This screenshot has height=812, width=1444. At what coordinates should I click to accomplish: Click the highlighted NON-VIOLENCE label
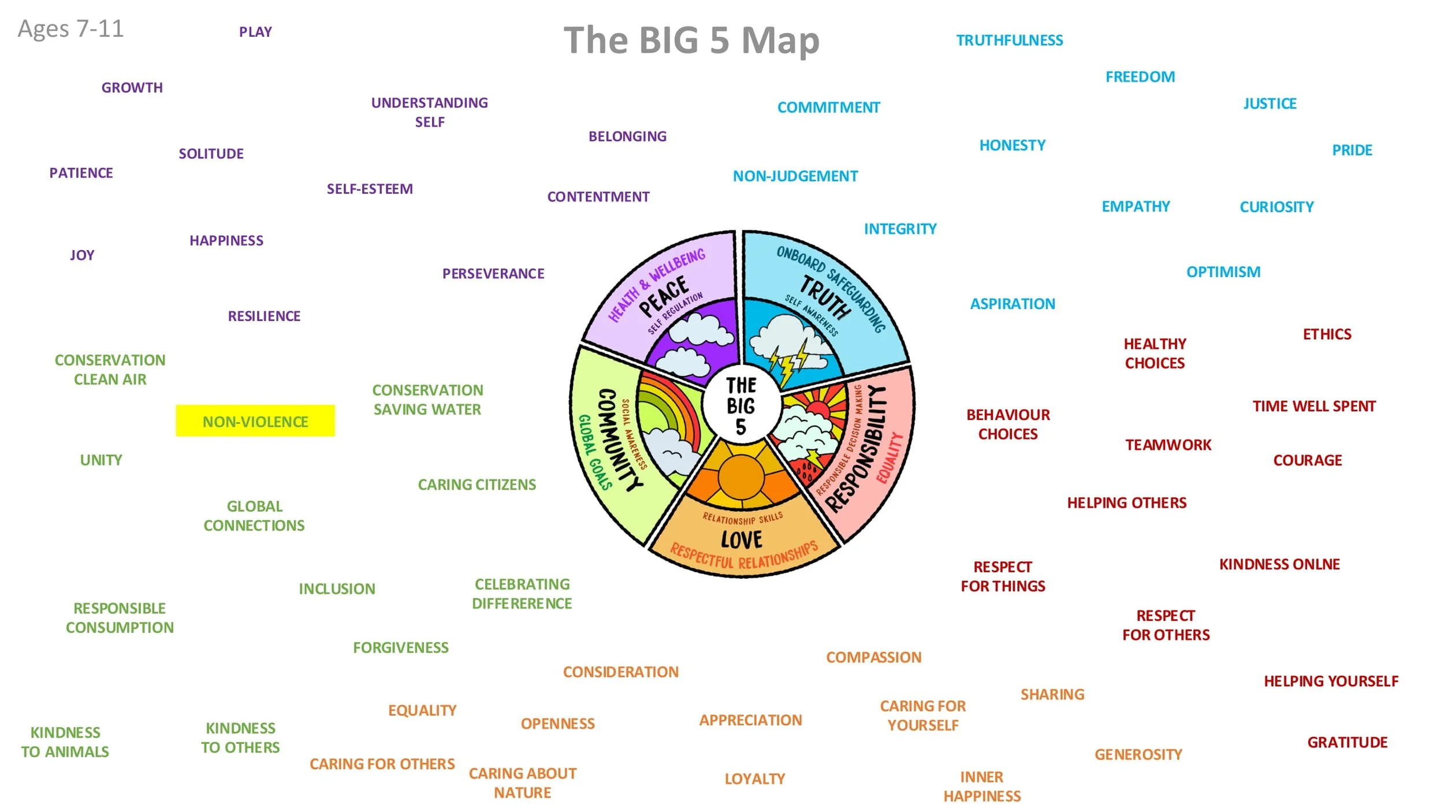pos(255,421)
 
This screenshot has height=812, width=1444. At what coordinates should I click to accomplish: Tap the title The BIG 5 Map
pos(691,40)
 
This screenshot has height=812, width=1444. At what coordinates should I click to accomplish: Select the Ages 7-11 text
pos(70,29)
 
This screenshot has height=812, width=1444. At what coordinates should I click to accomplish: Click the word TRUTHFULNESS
pos(1009,40)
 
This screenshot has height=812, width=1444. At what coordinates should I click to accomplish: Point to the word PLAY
pos(255,32)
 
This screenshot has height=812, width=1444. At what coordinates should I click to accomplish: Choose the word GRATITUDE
pos(1347,742)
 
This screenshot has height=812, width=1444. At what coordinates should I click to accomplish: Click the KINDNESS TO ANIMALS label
pos(65,742)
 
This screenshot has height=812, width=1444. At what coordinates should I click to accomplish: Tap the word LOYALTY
pos(754,779)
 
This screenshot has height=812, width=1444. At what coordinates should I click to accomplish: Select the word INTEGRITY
pos(900,229)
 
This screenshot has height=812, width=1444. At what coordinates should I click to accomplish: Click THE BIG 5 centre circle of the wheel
pos(741,405)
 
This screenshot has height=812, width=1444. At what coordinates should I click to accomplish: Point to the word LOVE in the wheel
pos(742,540)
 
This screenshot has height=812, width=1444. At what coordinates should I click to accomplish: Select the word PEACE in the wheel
pos(664,296)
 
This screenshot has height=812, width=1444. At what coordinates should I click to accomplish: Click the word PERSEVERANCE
pos(493,274)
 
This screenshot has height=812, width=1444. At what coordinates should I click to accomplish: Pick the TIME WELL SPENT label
pos(1313,406)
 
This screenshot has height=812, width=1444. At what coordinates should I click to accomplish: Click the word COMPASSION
pos(873,657)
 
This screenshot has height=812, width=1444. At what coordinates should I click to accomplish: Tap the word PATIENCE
pos(81,173)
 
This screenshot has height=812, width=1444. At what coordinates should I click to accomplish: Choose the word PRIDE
pos(1352,150)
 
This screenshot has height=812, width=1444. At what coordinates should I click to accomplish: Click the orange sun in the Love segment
pos(741,477)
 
